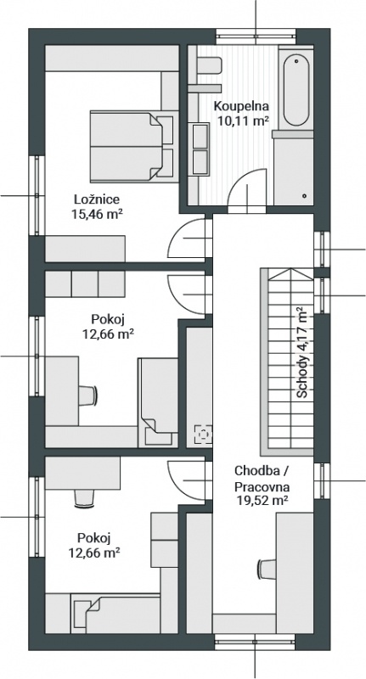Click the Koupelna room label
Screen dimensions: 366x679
(242, 106)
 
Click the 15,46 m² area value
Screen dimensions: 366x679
(96, 215)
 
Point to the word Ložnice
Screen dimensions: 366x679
(97, 199)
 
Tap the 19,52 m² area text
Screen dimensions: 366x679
(262, 501)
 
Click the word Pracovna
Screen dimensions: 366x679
(262, 486)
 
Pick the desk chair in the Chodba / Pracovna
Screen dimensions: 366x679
(267, 569)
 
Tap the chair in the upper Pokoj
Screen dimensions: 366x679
(88, 396)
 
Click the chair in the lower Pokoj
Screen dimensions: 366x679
(84, 498)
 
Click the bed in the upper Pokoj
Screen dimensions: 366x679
(159, 401)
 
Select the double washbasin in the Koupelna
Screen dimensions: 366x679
(200, 149)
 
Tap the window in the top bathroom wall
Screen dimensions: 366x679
(256, 36)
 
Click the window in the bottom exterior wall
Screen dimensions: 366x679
(255, 642)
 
